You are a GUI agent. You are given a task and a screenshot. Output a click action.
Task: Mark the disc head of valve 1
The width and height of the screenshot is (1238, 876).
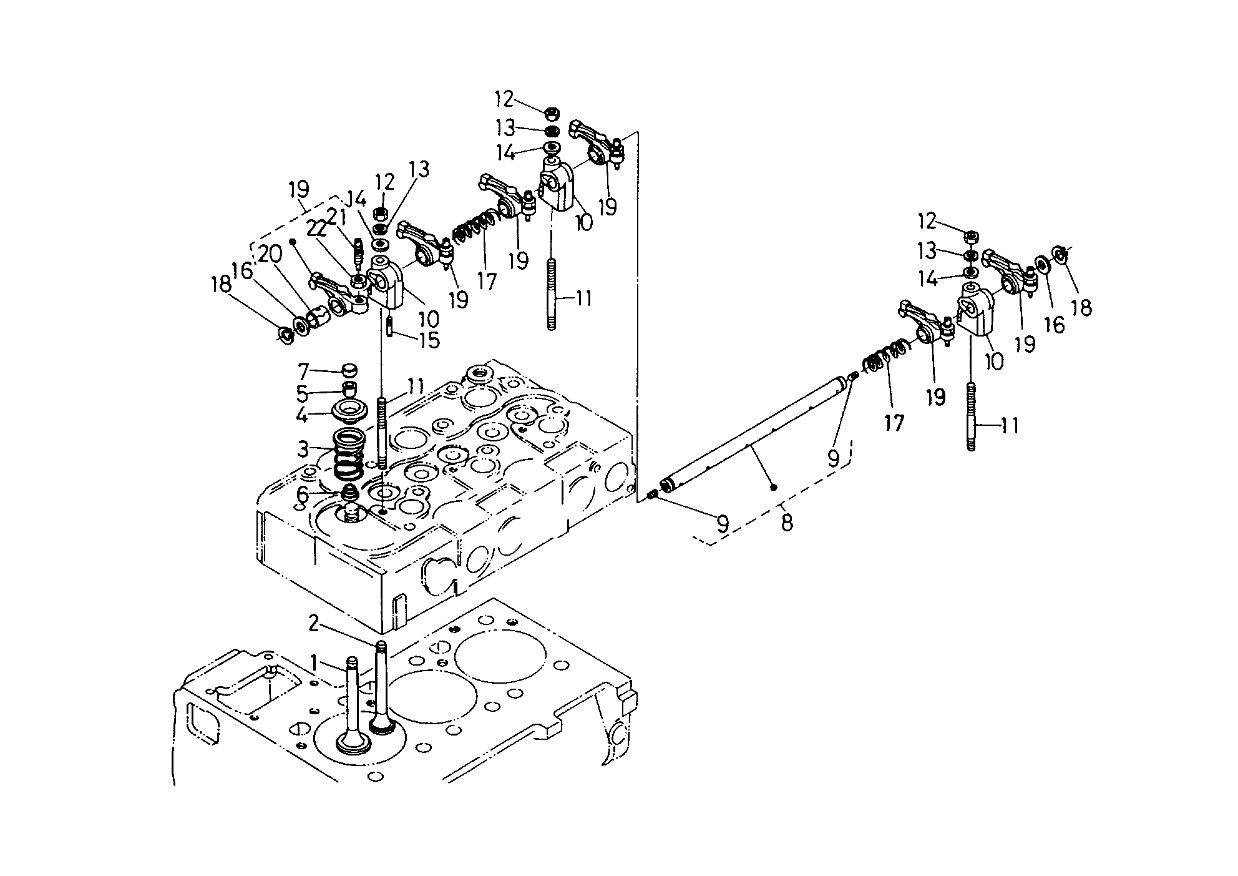353,743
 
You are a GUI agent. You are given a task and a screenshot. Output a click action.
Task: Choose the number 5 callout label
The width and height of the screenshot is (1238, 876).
303,394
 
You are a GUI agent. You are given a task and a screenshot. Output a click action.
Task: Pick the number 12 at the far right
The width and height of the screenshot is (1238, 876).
927,221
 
